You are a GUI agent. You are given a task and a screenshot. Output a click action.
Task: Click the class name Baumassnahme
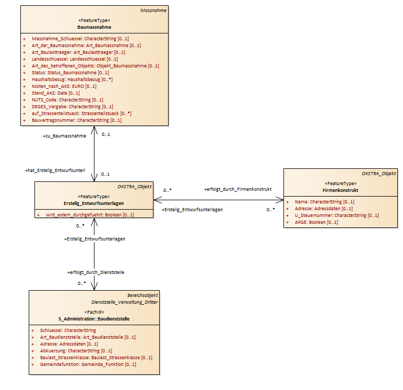(x=94, y=27)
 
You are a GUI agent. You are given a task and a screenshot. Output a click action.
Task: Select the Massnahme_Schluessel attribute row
(x=80, y=39)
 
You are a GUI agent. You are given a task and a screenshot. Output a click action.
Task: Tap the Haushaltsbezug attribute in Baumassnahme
(x=72, y=79)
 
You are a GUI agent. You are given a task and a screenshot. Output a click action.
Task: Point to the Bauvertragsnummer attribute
(x=77, y=120)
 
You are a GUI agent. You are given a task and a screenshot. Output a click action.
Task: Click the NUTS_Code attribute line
(x=67, y=100)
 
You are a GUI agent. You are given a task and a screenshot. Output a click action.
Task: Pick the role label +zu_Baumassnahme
(x=64, y=136)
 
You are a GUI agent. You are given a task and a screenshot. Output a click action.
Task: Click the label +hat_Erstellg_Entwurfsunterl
(x=55, y=170)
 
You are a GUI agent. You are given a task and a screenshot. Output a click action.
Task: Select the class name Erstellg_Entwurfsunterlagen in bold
(x=94, y=203)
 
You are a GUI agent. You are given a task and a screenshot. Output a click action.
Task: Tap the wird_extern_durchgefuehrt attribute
(x=90, y=215)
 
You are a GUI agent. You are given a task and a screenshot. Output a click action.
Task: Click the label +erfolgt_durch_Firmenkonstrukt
(x=238, y=189)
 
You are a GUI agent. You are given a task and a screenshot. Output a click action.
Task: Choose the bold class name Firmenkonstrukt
(x=340, y=190)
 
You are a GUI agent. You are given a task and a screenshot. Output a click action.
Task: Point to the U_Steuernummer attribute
(x=337, y=215)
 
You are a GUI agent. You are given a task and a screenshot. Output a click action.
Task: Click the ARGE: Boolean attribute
(x=316, y=222)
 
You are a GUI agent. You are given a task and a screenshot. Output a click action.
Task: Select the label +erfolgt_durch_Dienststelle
(x=96, y=272)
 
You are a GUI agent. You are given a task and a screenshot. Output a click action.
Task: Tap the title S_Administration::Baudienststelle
(x=94, y=319)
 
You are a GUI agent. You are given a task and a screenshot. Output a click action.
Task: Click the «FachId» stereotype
(x=94, y=312)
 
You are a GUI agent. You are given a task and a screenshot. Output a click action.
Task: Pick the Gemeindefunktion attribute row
(x=88, y=364)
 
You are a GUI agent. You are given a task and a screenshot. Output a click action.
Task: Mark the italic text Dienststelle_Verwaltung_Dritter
(x=125, y=302)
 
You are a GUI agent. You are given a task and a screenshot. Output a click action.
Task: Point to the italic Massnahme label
(x=153, y=10)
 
